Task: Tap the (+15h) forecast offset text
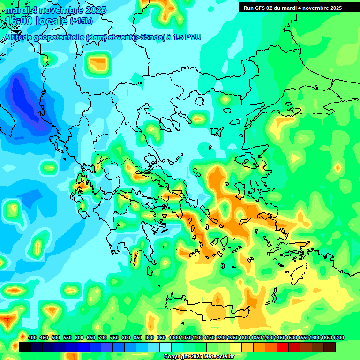[81, 21]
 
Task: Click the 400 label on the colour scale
[32, 337]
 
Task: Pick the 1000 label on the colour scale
[174, 337]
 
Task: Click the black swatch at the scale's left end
[25, 347]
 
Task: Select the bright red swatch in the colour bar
[283, 347]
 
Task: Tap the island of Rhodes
[298, 275]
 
